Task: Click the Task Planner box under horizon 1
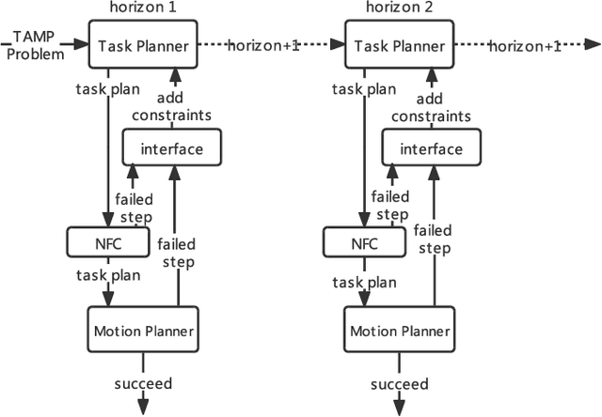pos(143,46)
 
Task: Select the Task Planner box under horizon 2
pos(400,46)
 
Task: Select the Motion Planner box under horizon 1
pos(143,331)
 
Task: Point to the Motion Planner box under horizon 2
pos(400,331)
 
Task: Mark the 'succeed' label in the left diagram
pos(143,383)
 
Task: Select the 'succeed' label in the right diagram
pos(400,383)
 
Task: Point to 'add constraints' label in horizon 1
pos(171,106)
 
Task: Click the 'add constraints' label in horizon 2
pos(428,106)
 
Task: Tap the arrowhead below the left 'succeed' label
pos(143,406)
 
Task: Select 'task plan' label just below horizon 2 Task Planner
pos(364,89)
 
